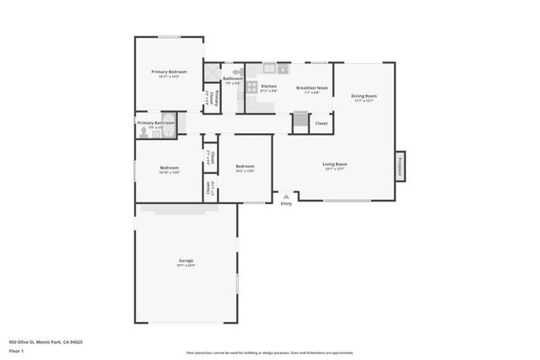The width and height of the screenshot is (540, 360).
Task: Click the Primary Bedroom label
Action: click(x=169, y=73)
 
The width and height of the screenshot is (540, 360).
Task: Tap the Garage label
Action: click(x=186, y=261)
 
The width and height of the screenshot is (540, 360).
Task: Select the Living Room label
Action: click(x=334, y=164)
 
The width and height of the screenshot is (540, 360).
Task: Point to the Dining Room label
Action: click(x=364, y=96)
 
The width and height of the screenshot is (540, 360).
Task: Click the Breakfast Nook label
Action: click(x=311, y=88)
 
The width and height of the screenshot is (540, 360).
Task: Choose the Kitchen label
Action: click(x=268, y=87)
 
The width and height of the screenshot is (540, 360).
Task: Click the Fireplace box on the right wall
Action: click(x=400, y=165)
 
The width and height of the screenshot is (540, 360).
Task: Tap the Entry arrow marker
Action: click(x=286, y=196)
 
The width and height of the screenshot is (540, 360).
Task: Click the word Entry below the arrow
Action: click(x=286, y=203)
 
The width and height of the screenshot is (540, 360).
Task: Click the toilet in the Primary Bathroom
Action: click(x=143, y=132)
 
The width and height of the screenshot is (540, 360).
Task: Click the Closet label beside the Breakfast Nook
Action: click(x=321, y=124)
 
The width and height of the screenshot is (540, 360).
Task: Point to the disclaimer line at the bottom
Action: click(x=269, y=353)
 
